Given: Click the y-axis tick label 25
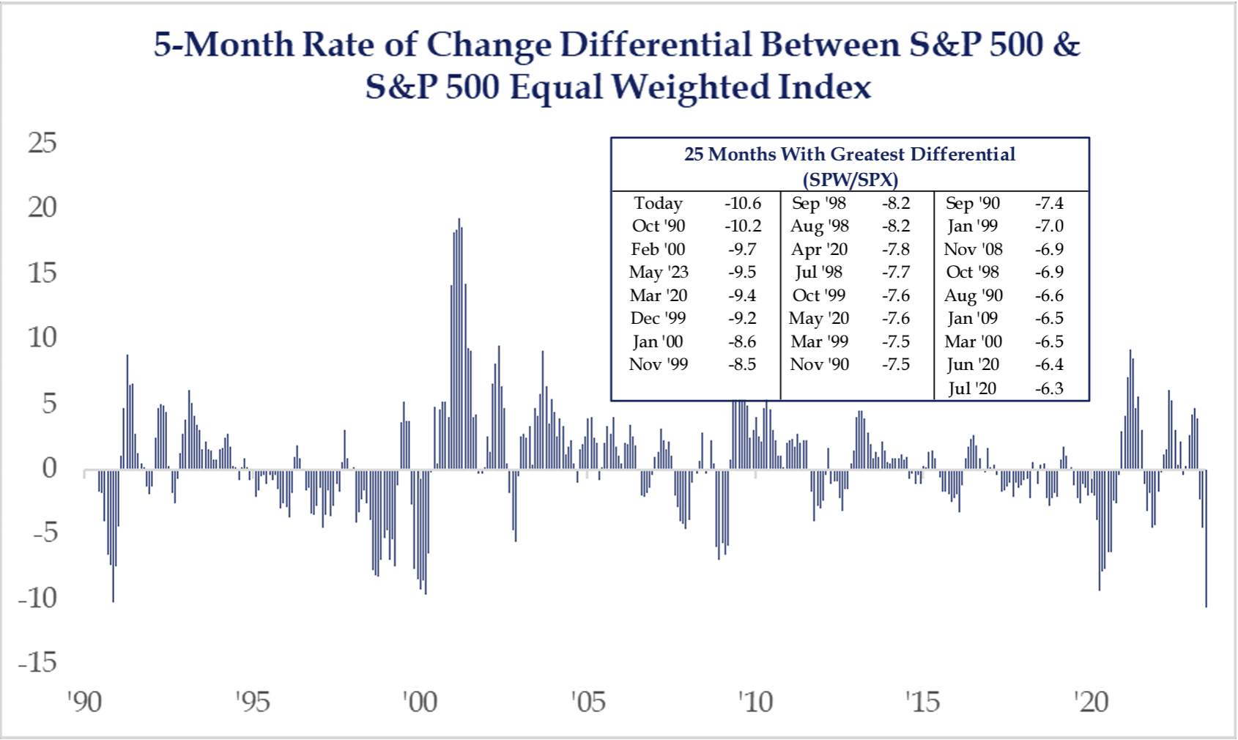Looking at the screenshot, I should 42,143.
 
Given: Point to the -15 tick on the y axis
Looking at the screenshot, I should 37,662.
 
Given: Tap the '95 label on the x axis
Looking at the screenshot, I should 252,702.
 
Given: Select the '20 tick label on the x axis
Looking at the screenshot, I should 1091,702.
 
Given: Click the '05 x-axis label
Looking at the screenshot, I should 588,702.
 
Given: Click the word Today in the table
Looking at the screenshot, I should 658,203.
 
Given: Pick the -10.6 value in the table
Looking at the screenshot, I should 743,203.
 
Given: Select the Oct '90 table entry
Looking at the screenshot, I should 658,226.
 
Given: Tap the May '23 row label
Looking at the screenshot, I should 658,272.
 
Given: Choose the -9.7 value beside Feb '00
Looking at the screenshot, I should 742,249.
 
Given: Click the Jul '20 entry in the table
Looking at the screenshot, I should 972,388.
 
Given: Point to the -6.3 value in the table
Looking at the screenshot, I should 1049,388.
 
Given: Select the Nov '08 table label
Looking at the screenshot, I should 973,249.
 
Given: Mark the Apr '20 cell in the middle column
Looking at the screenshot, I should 819,249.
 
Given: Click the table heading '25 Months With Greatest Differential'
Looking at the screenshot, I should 850,154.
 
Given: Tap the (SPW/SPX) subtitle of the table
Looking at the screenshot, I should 850,180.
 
